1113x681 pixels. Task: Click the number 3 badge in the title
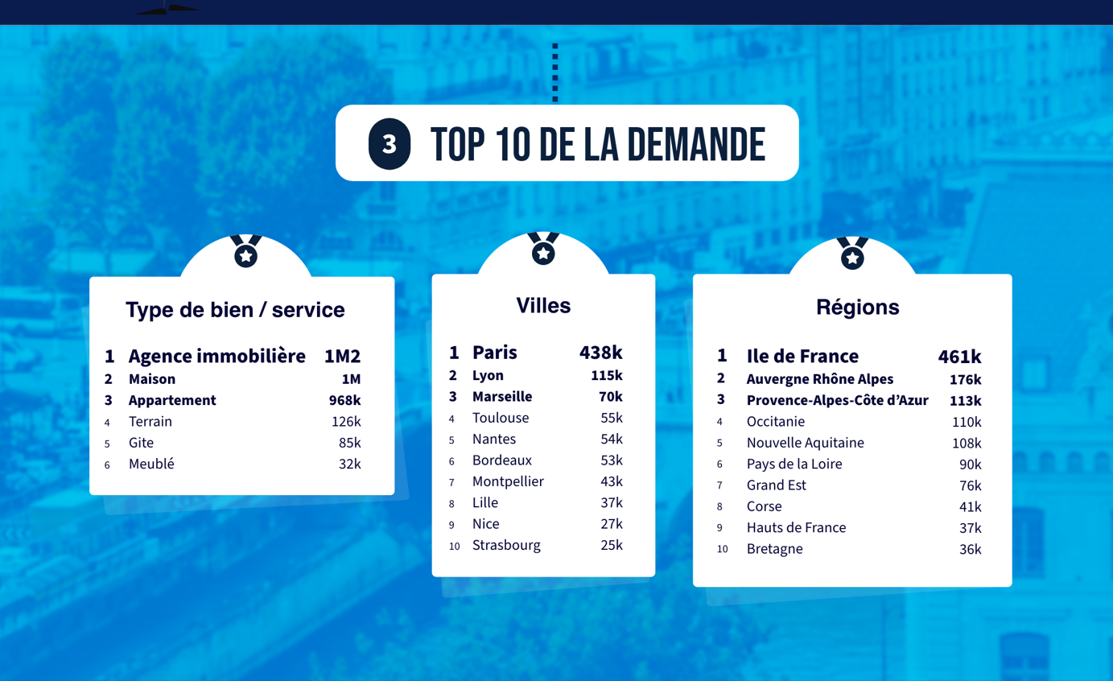(x=390, y=144)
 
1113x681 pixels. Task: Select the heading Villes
(x=543, y=306)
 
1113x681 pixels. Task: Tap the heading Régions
(x=857, y=307)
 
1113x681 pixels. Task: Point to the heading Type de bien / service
(x=235, y=310)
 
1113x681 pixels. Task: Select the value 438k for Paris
(x=600, y=353)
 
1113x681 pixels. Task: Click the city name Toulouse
(x=501, y=418)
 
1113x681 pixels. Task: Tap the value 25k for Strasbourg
(x=612, y=545)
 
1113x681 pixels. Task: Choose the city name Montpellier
(x=508, y=481)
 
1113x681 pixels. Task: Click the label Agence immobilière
(x=217, y=356)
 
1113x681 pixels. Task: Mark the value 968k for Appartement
(x=344, y=400)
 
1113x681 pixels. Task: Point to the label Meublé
(x=151, y=464)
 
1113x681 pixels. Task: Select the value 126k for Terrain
(x=346, y=422)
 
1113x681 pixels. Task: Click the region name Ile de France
(x=802, y=356)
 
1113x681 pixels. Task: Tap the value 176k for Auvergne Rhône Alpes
(x=965, y=379)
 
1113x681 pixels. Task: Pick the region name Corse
(x=764, y=506)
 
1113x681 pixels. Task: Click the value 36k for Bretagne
(x=970, y=549)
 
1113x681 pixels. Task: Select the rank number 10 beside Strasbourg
(x=455, y=547)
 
